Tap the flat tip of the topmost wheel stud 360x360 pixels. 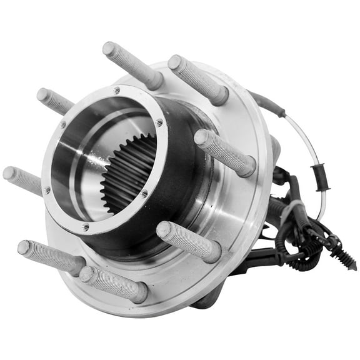tap(109, 48)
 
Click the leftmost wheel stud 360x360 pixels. tap(22, 179)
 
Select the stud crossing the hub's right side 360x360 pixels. tap(225, 152)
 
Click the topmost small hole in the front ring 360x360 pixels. tap(117, 91)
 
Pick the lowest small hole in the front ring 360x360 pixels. tap(86, 226)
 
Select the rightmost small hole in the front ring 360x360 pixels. tap(159, 122)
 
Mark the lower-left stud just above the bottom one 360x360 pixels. tap(50, 255)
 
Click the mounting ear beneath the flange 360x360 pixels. tap(209, 300)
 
